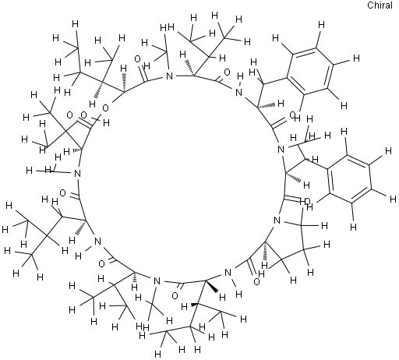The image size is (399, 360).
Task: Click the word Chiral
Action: [x=380, y=5]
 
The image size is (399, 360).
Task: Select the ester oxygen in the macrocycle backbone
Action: [x=105, y=108]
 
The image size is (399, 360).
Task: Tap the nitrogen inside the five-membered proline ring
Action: [x=277, y=221]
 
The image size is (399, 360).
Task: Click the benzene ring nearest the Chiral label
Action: [x=310, y=71]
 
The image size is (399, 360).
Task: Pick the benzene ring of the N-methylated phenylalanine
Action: [x=349, y=178]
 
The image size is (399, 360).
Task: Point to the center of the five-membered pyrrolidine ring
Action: [x=286, y=238]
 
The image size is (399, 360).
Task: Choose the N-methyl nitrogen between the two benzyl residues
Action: [x=281, y=150]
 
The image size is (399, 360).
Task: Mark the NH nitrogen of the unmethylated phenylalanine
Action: [x=238, y=92]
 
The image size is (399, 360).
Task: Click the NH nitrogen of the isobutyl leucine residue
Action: [x=97, y=242]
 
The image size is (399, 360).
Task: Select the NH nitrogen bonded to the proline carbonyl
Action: [x=228, y=273]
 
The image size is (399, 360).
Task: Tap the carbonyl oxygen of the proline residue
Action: [x=256, y=281]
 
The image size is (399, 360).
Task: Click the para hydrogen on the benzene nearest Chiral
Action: [x=357, y=58]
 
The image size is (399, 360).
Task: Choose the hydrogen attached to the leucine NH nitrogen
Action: [x=78, y=256]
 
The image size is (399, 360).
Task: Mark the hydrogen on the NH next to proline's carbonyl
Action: [x=239, y=294]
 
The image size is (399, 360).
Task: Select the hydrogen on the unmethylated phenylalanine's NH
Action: [x=241, y=76]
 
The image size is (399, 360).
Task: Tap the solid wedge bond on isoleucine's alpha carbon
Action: [x=211, y=287]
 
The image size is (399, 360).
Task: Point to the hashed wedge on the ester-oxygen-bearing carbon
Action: [x=125, y=83]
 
